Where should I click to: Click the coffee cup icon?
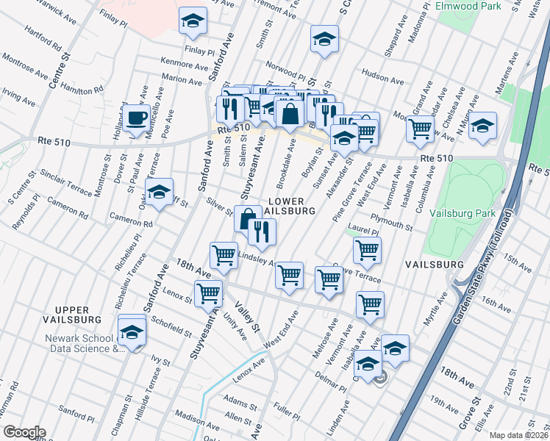tap(137, 118)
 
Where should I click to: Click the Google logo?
tap(24, 431)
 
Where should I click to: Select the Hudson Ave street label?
tap(383, 76)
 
